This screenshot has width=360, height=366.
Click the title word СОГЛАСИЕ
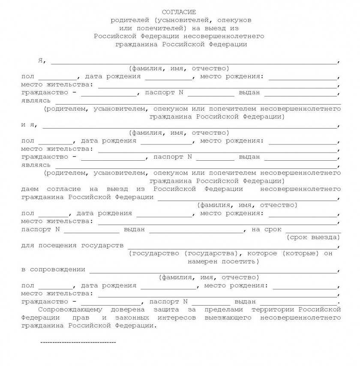point(179,12)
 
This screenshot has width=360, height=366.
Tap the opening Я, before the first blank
point(41,60)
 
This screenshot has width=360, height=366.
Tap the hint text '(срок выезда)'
point(313,237)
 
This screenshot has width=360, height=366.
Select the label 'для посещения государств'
point(72,246)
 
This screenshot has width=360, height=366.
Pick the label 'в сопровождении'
point(53,270)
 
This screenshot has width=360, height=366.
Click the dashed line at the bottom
point(78,342)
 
